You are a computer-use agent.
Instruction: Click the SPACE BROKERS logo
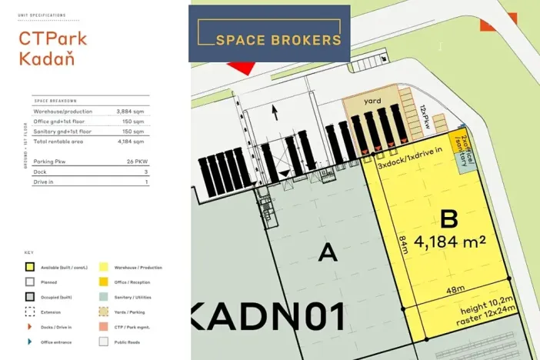click(x=269, y=34)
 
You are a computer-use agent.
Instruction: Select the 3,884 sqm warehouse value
click(x=131, y=112)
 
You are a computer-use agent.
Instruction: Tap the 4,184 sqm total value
click(x=131, y=142)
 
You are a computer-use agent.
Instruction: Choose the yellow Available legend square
click(x=29, y=267)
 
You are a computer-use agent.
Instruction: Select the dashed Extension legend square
click(x=29, y=312)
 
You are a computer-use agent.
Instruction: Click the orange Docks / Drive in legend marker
click(x=29, y=326)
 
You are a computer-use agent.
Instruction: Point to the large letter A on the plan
click(x=328, y=252)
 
